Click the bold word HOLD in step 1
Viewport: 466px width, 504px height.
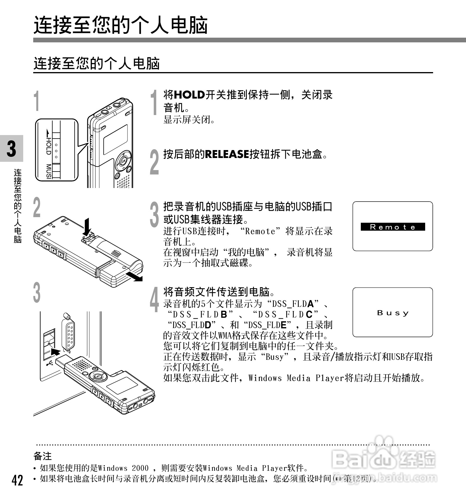[190, 95]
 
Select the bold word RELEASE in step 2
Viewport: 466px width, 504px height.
[227, 154]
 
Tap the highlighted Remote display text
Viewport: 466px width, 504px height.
[393, 227]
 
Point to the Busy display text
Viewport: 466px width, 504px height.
[393, 313]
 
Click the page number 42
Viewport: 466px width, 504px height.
[17, 480]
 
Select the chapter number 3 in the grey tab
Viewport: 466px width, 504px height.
[11, 149]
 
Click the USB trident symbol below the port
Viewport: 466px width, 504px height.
[50, 363]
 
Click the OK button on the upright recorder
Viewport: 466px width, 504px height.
[123, 161]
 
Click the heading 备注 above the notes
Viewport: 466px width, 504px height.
[43, 456]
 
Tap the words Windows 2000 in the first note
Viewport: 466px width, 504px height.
[123, 468]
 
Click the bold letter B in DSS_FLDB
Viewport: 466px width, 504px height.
[224, 315]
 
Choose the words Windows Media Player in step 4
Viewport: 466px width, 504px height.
[296, 378]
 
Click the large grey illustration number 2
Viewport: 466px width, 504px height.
[37, 208]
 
